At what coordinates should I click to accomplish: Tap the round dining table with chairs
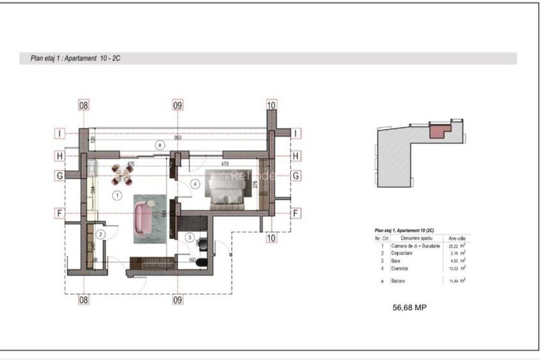122,175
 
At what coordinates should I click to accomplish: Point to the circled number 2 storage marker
100,234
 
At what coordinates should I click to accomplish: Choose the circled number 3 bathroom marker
189,237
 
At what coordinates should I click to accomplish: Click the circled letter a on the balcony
157,145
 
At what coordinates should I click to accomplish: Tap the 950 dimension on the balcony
178,138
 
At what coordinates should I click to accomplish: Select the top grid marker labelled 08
83,105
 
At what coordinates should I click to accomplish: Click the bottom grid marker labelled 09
178,299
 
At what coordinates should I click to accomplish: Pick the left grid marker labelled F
60,213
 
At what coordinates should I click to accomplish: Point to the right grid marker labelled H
296,155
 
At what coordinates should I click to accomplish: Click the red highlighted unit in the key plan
436,130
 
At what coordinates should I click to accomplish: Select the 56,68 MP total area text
409,308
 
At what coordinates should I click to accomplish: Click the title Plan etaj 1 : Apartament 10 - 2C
75,58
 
